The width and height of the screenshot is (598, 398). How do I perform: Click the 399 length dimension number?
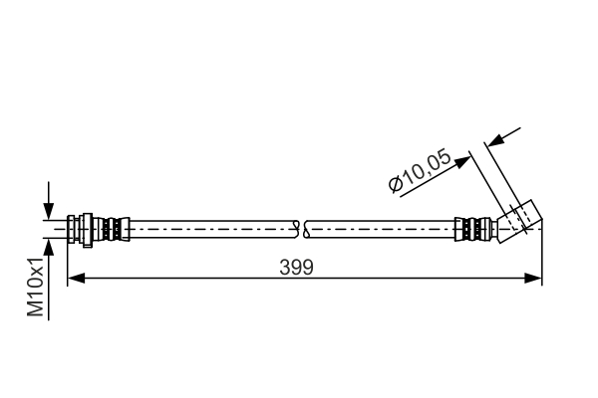[x=297, y=267]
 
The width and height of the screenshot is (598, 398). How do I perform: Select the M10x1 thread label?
[x=37, y=288]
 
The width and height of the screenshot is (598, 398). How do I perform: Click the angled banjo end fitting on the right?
[x=519, y=218]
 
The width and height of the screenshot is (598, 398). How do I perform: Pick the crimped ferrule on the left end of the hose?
[x=114, y=229]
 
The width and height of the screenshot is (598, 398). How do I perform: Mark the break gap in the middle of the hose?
[x=304, y=229]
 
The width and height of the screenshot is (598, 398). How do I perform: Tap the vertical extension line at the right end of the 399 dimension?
[x=541, y=259]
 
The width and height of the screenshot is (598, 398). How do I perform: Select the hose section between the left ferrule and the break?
[x=209, y=229]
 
